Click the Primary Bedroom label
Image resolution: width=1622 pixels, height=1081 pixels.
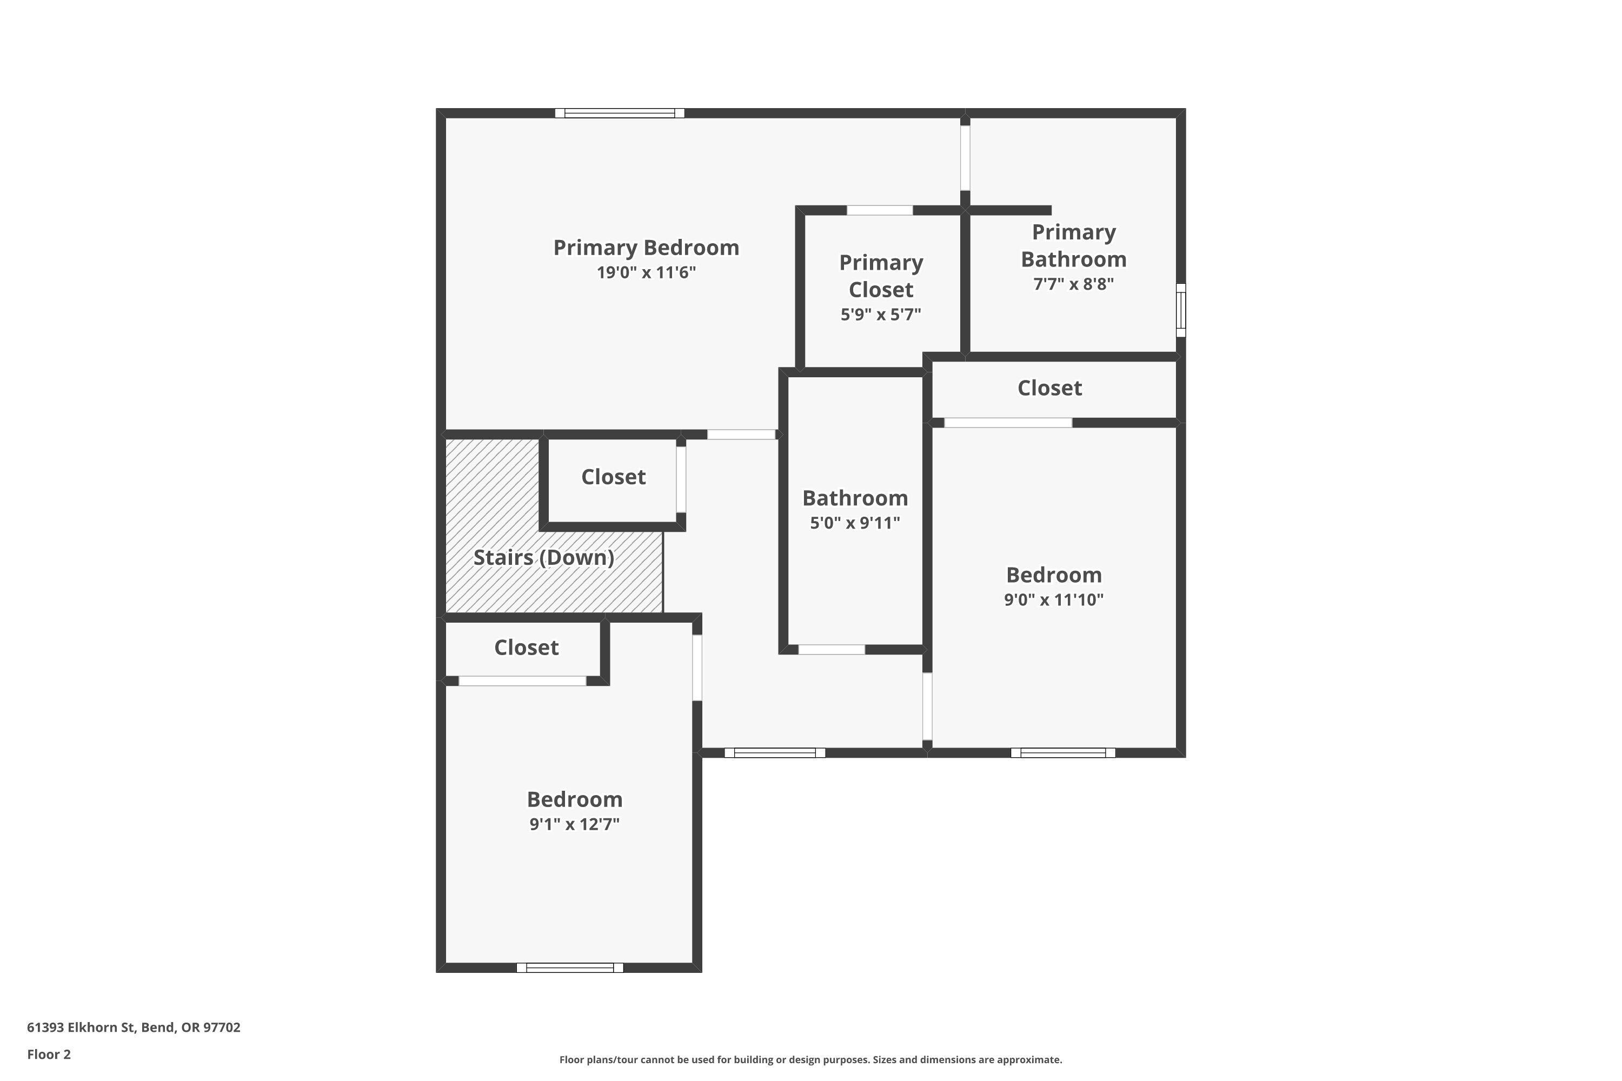pos(646,248)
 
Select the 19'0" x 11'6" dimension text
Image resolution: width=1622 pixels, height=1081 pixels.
pos(646,272)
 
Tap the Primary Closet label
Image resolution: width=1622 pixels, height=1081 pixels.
pos(881,276)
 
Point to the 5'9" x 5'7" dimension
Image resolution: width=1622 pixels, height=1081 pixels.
pos(881,315)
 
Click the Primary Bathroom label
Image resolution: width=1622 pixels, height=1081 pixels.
pos(1073,245)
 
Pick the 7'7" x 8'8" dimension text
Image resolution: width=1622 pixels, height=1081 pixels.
pos(1073,284)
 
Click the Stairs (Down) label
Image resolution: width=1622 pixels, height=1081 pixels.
pos(543,557)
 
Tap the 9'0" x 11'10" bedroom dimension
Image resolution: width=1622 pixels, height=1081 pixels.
pos(1053,600)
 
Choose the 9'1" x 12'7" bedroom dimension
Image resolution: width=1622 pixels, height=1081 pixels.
pos(574,824)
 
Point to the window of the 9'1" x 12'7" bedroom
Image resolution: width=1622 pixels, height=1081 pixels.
pos(570,968)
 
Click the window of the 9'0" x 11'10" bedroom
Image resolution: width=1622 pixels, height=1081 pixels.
pos(1063,753)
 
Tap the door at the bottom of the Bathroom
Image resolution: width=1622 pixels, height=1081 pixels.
pos(831,650)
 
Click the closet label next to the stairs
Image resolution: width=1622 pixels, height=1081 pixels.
pos(613,477)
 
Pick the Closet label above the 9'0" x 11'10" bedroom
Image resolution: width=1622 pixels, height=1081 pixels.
pos(1049,388)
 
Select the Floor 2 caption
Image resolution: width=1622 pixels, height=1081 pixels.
pos(49,1054)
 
